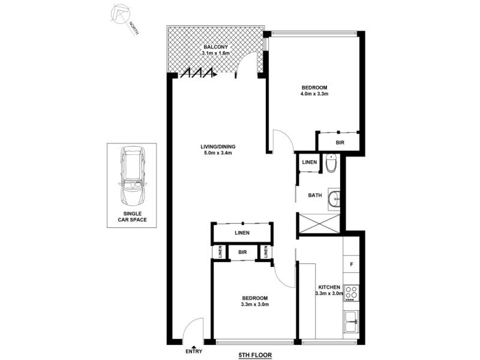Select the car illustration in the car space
131,176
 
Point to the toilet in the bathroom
331,163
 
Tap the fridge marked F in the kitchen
350,263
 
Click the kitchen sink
350,323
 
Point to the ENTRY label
194,351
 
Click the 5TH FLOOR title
255,355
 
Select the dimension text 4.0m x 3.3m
314,94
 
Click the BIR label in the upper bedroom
340,143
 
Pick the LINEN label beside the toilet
310,163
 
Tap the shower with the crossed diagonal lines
319,224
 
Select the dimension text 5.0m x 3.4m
218,154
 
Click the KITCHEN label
329,287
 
